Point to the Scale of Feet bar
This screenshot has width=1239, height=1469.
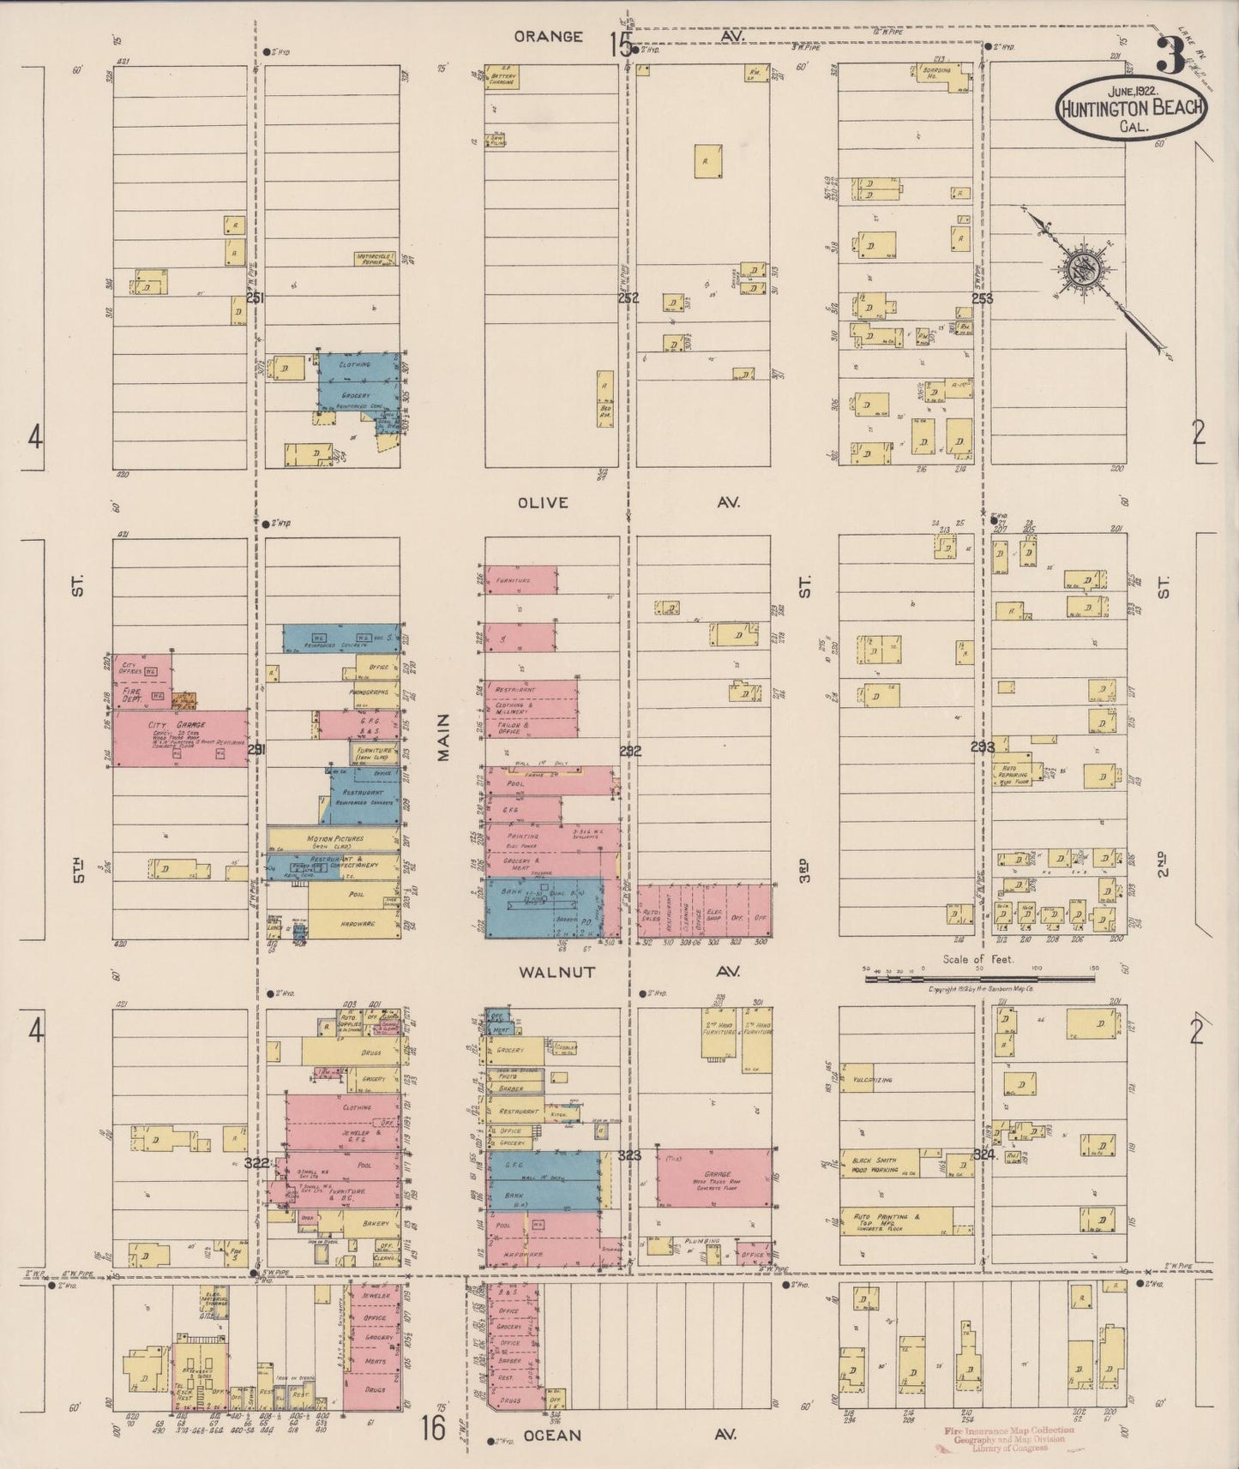tap(977, 976)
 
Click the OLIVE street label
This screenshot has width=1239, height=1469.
tap(543, 502)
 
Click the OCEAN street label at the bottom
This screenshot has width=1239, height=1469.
tap(552, 1434)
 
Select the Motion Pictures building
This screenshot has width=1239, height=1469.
tap(334, 840)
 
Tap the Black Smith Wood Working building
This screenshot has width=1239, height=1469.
tap(878, 1165)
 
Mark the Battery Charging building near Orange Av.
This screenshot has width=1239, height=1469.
tap(502, 77)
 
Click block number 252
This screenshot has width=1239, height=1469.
tap(629, 298)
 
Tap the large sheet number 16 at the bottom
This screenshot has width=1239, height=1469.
tap(433, 1429)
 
